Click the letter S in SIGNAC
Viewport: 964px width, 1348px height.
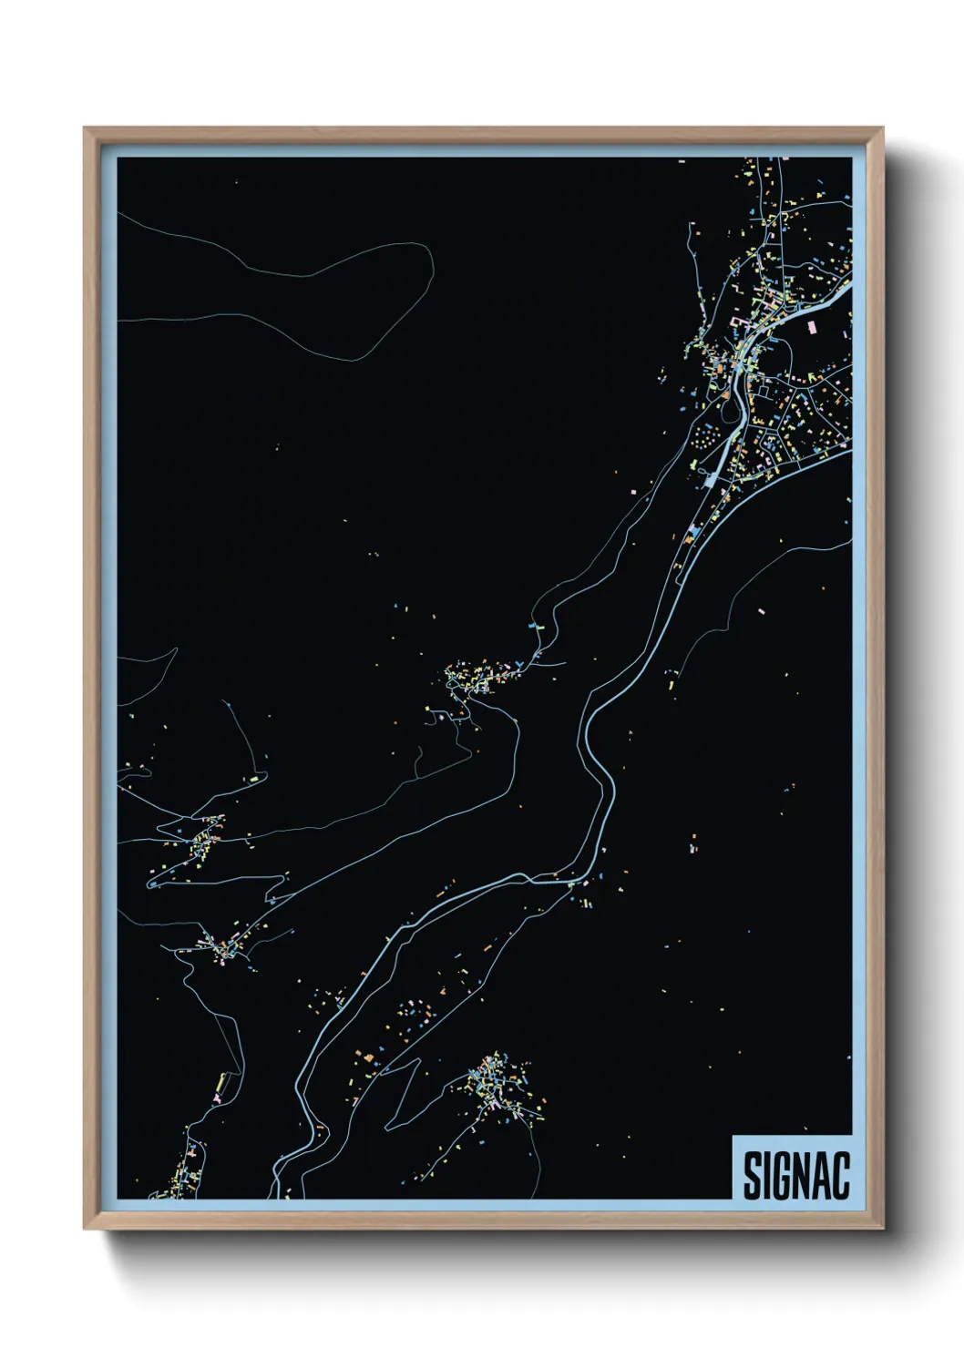753,1176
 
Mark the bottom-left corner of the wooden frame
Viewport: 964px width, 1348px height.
86,1228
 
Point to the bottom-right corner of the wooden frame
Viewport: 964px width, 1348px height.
882,1228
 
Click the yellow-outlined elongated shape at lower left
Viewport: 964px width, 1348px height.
220,1083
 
